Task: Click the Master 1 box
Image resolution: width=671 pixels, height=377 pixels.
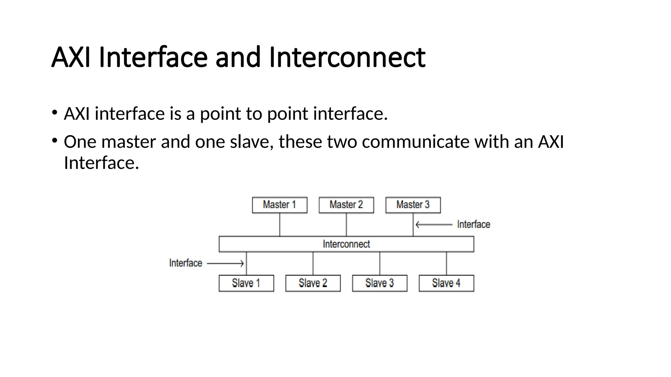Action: pos(279,205)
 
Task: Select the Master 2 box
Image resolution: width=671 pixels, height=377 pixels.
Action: pos(346,205)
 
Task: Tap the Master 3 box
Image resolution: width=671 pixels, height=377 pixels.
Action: pos(413,205)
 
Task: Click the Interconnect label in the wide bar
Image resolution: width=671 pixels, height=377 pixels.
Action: pos(346,244)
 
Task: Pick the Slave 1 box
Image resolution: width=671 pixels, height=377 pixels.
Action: pos(246,283)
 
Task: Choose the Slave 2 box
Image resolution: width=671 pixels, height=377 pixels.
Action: pos(313,283)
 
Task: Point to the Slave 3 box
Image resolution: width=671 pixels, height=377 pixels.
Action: pos(380,283)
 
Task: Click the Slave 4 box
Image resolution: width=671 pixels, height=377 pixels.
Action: pos(446,283)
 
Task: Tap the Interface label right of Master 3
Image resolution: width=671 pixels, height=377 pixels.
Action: pos(473,224)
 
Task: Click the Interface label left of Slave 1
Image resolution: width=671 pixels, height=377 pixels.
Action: pos(185,263)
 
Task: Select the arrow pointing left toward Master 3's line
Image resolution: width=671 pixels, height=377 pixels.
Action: pos(434,224)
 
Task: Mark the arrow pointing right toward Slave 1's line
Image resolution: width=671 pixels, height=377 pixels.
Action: pos(226,263)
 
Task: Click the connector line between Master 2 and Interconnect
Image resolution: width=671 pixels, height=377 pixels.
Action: pos(346,225)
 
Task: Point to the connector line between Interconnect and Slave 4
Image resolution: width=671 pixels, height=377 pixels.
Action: pos(446,263)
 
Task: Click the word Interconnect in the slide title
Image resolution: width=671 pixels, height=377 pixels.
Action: pos(347,58)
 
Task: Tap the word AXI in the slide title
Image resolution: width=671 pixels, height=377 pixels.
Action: pos(71,58)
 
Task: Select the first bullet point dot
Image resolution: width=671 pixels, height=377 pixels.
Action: pos(55,113)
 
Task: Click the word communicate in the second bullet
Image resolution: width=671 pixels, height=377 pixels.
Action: pos(415,142)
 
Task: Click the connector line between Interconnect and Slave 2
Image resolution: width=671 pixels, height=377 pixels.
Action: pos(313,263)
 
